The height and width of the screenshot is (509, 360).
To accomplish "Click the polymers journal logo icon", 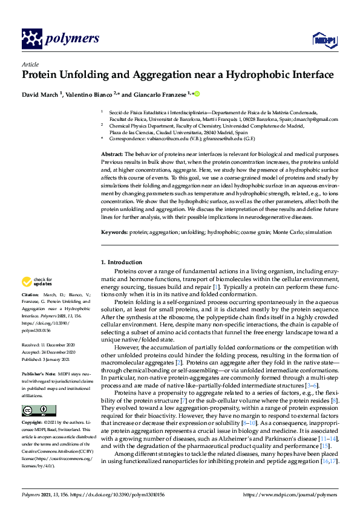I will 31,39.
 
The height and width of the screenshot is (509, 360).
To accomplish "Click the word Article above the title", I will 30,65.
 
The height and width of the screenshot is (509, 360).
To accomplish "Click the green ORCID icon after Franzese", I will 197,94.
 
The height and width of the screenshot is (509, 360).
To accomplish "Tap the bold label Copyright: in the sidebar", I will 34,423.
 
